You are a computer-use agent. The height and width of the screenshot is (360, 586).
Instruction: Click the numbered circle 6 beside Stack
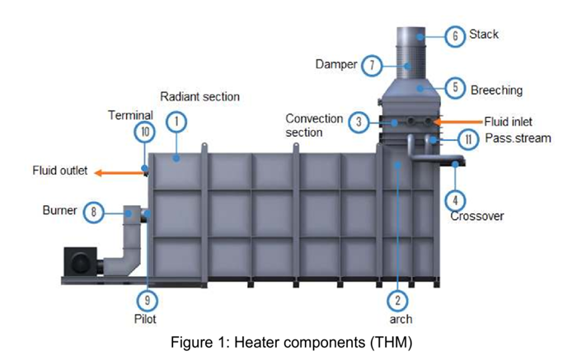[455, 36]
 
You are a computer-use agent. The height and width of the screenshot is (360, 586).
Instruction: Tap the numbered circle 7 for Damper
[372, 66]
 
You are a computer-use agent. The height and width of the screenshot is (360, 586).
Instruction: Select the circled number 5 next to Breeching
[455, 88]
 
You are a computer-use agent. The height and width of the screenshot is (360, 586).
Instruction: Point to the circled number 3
[359, 122]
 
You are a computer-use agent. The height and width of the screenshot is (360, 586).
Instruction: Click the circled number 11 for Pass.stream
[468, 139]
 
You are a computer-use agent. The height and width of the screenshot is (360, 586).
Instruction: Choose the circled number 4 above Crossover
[455, 200]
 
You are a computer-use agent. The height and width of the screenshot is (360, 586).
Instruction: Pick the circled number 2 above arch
[397, 301]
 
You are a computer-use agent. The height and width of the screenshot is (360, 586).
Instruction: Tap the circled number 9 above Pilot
[148, 301]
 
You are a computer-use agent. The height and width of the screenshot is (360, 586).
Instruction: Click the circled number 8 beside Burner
[93, 212]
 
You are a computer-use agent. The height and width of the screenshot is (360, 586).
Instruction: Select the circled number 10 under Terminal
[144, 132]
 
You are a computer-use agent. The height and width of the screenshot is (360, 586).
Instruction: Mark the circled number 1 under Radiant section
[176, 122]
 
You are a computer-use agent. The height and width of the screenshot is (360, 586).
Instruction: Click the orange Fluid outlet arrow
[120, 172]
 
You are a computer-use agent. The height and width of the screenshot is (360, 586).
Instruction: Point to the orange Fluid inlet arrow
[457, 121]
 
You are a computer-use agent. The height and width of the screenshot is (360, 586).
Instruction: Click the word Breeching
[496, 90]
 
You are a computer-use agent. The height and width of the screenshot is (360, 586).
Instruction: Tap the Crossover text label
[477, 216]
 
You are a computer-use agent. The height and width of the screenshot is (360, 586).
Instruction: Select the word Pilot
[145, 319]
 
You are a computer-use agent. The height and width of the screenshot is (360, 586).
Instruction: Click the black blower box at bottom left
[80, 261]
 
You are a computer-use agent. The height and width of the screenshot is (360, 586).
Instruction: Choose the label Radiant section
[200, 96]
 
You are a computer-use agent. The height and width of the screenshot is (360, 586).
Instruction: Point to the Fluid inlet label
[508, 121]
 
